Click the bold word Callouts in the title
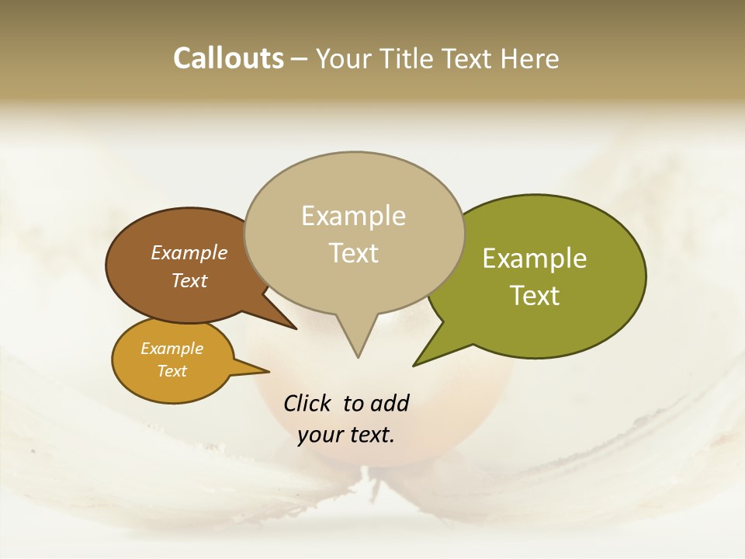click(228, 58)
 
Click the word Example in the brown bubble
click(189, 252)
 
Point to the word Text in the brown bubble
click(189, 280)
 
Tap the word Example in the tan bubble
click(353, 216)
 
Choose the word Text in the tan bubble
click(353, 253)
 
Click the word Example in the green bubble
click(535, 259)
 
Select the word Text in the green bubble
click(535, 296)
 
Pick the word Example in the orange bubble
click(172, 349)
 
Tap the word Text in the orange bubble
click(172, 371)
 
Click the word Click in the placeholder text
click(308, 403)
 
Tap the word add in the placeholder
click(390, 403)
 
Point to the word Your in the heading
click(344, 58)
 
